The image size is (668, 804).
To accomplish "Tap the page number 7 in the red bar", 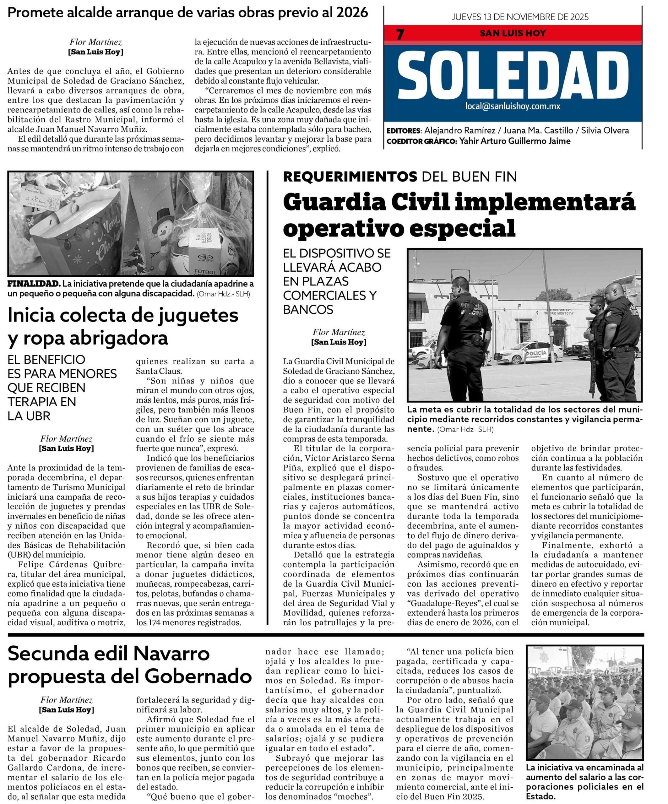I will (x=400, y=35).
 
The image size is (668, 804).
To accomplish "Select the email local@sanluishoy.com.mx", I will (x=513, y=106).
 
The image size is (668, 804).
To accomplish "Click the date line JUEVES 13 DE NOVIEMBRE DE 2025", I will (x=520, y=17).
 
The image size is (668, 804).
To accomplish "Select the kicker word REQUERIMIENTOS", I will (x=350, y=177).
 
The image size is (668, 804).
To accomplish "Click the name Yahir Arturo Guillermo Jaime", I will (x=514, y=141).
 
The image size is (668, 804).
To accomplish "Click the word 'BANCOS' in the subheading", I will (x=308, y=309).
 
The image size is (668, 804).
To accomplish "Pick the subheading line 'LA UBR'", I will (x=29, y=416).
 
